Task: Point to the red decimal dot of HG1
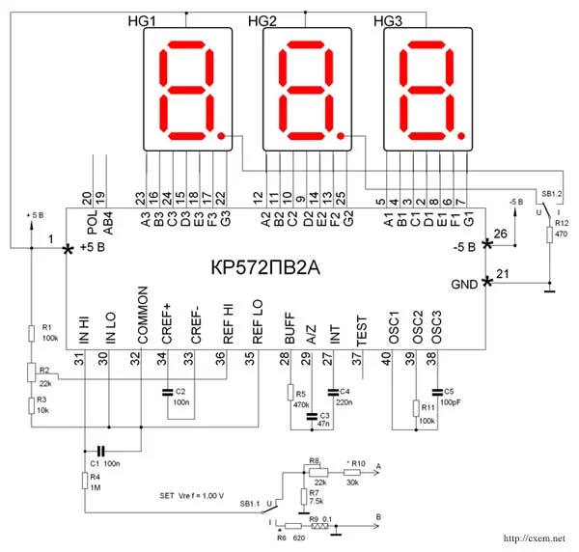click(x=223, y=137)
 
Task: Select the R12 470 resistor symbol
click(x=550, y=234)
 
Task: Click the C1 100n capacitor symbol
click(x=98, y=451)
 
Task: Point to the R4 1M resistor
click(x=85, y=480)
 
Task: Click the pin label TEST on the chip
click(x=361, y=333)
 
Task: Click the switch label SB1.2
click(x=552, y=193)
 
